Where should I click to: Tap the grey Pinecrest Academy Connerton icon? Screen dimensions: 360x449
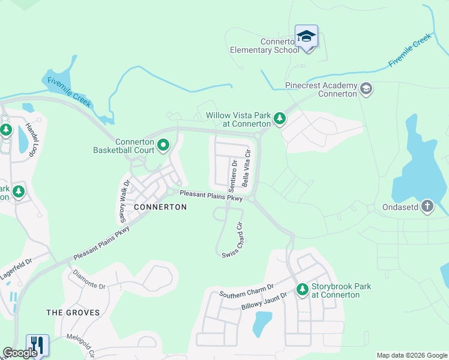(x=366, y=90)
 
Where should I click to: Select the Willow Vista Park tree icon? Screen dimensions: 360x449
(x=279, y=119)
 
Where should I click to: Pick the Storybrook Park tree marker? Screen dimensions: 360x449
(x=302, y=290)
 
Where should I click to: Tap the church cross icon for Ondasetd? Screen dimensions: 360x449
(x=427, y=206)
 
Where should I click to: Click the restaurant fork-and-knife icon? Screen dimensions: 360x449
(x=37, y=344)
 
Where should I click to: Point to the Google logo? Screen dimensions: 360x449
(x=20, y=353)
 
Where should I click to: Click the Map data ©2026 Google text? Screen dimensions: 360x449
(x=411, y=355)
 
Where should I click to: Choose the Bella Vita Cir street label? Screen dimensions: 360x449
(x=246, y=168)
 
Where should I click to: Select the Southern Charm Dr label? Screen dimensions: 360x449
(x=246, y=291)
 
